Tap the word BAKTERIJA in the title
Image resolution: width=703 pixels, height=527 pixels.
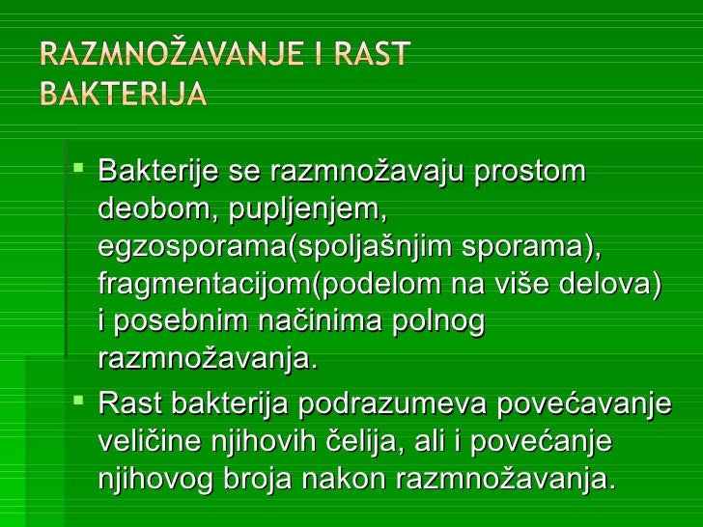(123, 95)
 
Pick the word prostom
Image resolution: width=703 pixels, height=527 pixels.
(522, 174)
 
